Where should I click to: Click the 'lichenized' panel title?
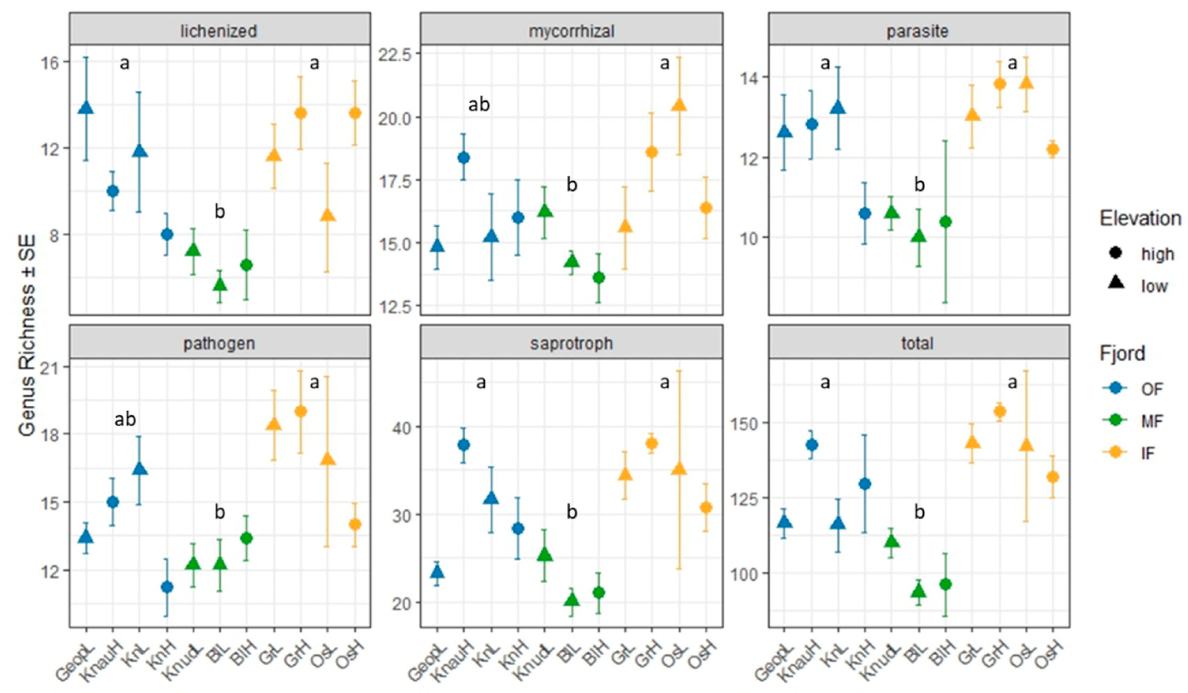[219, 31]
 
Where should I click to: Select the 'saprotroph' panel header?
[571, 343]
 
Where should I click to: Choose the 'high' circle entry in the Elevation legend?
[1115, 254]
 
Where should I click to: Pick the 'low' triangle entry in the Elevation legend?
[1115, 285]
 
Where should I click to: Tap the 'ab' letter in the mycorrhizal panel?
[479, 105]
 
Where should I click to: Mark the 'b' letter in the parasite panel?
[919, 185]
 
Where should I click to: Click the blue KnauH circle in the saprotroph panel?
[464, 445]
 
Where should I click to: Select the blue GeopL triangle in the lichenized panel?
[86, 108]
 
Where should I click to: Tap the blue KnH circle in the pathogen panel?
[167, 587]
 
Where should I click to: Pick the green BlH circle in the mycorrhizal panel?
[599, 278]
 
